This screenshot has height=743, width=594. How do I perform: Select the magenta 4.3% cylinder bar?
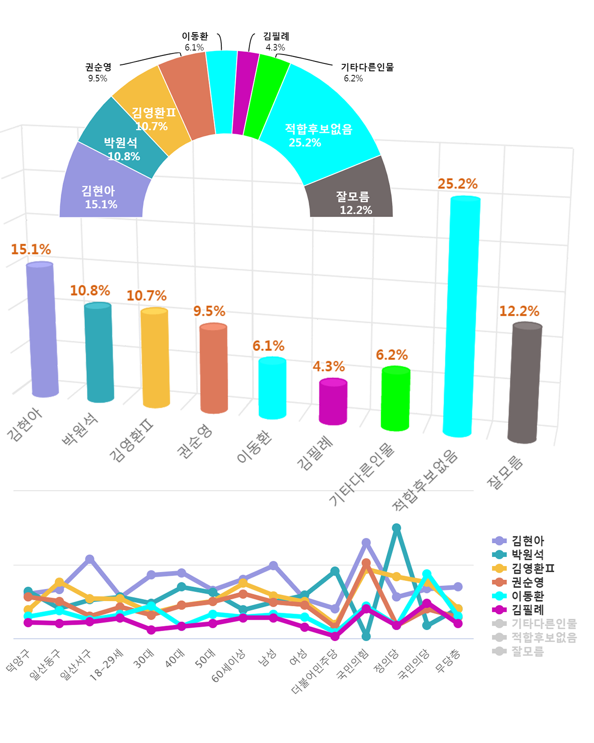pos(333,401)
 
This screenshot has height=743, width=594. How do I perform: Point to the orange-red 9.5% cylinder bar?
pos(214,369)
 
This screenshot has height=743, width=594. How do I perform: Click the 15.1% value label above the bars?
pos(31,249)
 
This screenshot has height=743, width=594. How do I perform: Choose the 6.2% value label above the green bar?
pos(392,355)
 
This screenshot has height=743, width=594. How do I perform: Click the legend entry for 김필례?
pos(528,610)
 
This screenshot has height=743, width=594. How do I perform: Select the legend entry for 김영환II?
pos(533,568)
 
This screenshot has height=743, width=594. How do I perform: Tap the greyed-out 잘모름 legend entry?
pos(528,651)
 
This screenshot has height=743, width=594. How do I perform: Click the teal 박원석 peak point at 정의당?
pos(396,528)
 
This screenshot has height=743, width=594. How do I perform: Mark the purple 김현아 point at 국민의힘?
pos(366,543)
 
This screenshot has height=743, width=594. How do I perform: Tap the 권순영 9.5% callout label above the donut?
pos(98,72)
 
